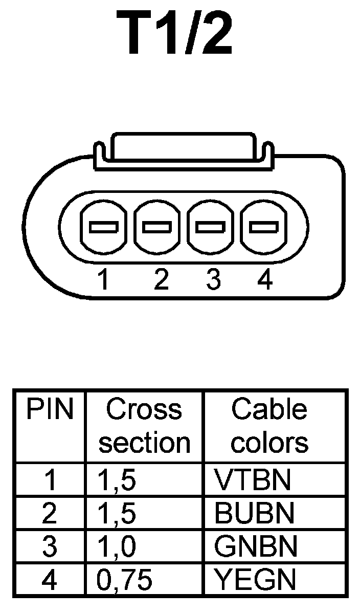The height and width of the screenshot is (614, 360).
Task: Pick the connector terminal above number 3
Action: point(211,227)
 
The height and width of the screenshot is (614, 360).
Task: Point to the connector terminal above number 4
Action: point(263,227)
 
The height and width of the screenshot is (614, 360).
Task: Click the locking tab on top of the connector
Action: point(183,148)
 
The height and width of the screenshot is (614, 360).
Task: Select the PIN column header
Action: point(50,409)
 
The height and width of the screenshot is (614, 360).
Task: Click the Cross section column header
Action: point(144,426)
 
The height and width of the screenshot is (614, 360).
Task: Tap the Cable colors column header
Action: point(269,426)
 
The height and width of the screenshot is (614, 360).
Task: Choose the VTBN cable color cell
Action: point(253,479)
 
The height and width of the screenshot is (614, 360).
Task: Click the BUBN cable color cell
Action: point(255,513)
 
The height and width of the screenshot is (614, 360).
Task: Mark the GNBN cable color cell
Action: point(256,546)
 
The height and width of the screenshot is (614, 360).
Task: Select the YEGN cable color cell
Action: point(255,580)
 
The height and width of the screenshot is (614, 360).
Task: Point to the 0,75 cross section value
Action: point(124,580)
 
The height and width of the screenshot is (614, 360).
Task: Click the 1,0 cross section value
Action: point(117,547)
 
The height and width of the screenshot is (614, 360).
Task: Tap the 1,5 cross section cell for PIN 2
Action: point(117,513)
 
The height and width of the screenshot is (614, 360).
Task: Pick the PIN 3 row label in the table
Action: point(50,546)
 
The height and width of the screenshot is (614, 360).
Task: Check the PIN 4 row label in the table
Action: point(50,580)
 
